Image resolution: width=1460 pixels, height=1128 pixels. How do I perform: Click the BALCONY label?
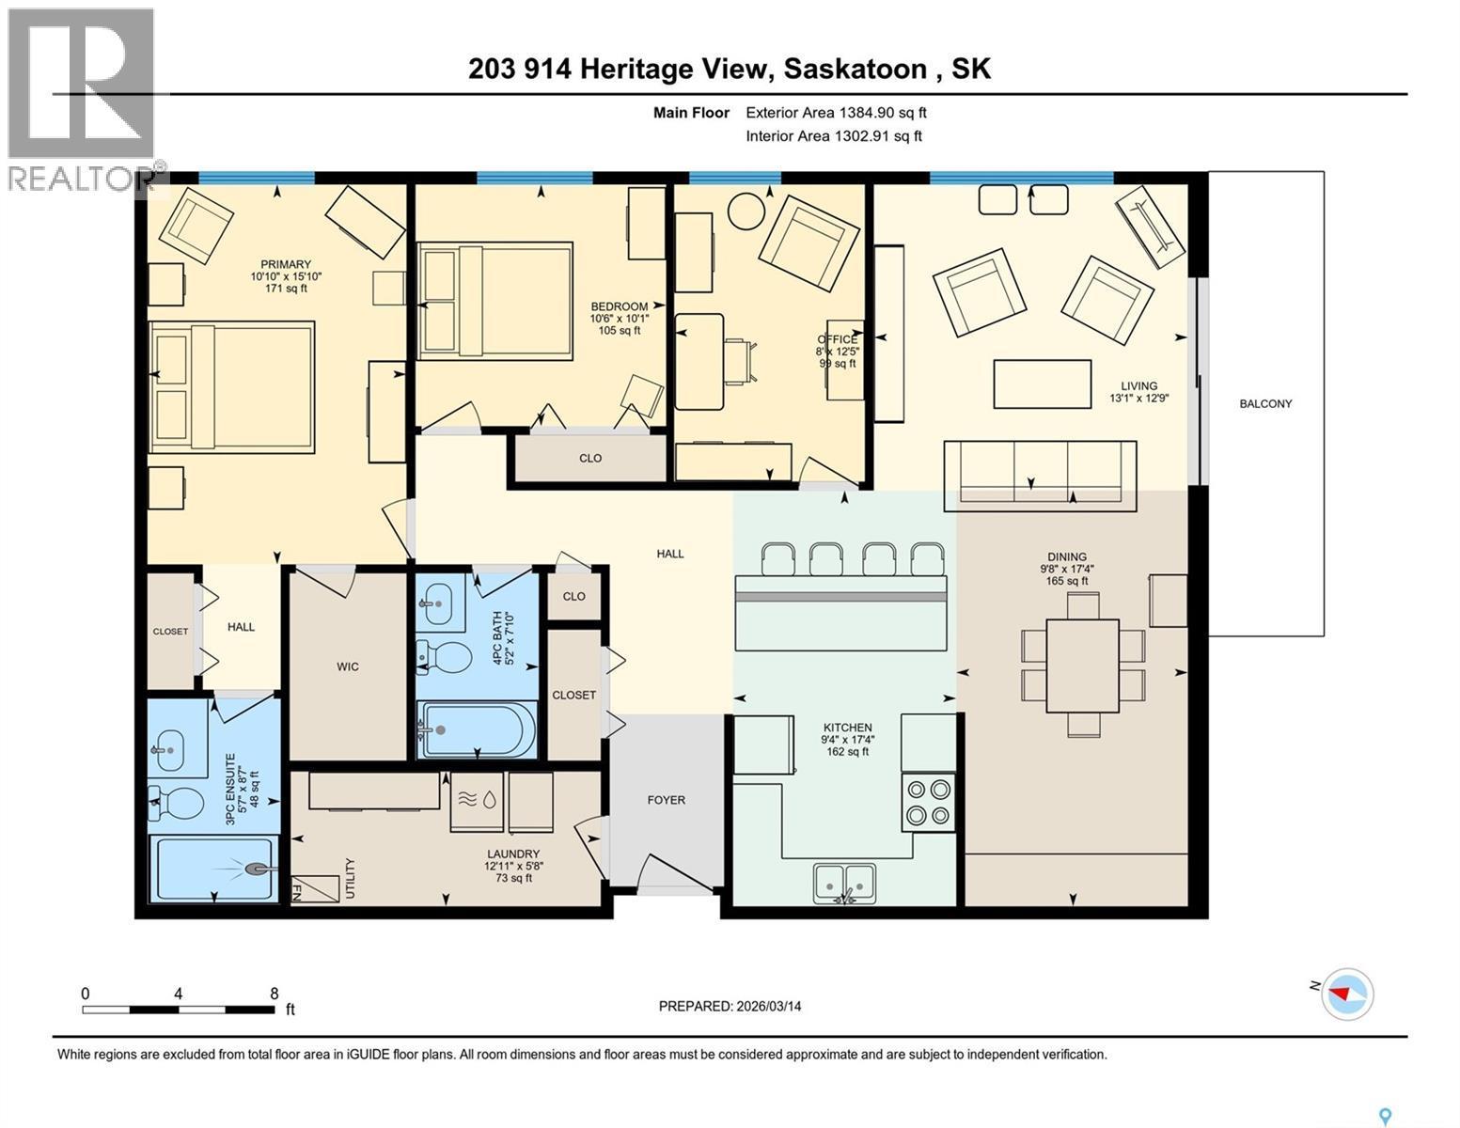1264,403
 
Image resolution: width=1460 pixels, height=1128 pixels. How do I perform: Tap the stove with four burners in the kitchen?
928,802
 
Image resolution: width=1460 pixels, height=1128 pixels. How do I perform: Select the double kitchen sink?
844,882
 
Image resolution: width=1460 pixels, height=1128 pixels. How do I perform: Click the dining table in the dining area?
1082,666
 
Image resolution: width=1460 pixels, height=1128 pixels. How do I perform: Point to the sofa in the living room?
1040,472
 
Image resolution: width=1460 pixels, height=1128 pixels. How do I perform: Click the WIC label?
348,666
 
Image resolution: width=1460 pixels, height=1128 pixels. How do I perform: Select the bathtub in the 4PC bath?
477,729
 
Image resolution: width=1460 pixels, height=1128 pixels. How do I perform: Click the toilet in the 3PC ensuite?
178,805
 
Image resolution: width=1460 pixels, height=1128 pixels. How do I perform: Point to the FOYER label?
666,800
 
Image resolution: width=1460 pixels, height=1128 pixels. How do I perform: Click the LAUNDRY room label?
512,854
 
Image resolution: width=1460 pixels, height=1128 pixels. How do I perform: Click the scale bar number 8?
274,994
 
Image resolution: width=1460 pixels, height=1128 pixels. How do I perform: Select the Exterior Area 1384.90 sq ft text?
836,112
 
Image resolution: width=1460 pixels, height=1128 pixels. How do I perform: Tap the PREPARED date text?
730,1006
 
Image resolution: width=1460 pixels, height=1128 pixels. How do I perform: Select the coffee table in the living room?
1042,384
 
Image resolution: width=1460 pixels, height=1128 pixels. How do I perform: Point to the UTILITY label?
350,878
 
